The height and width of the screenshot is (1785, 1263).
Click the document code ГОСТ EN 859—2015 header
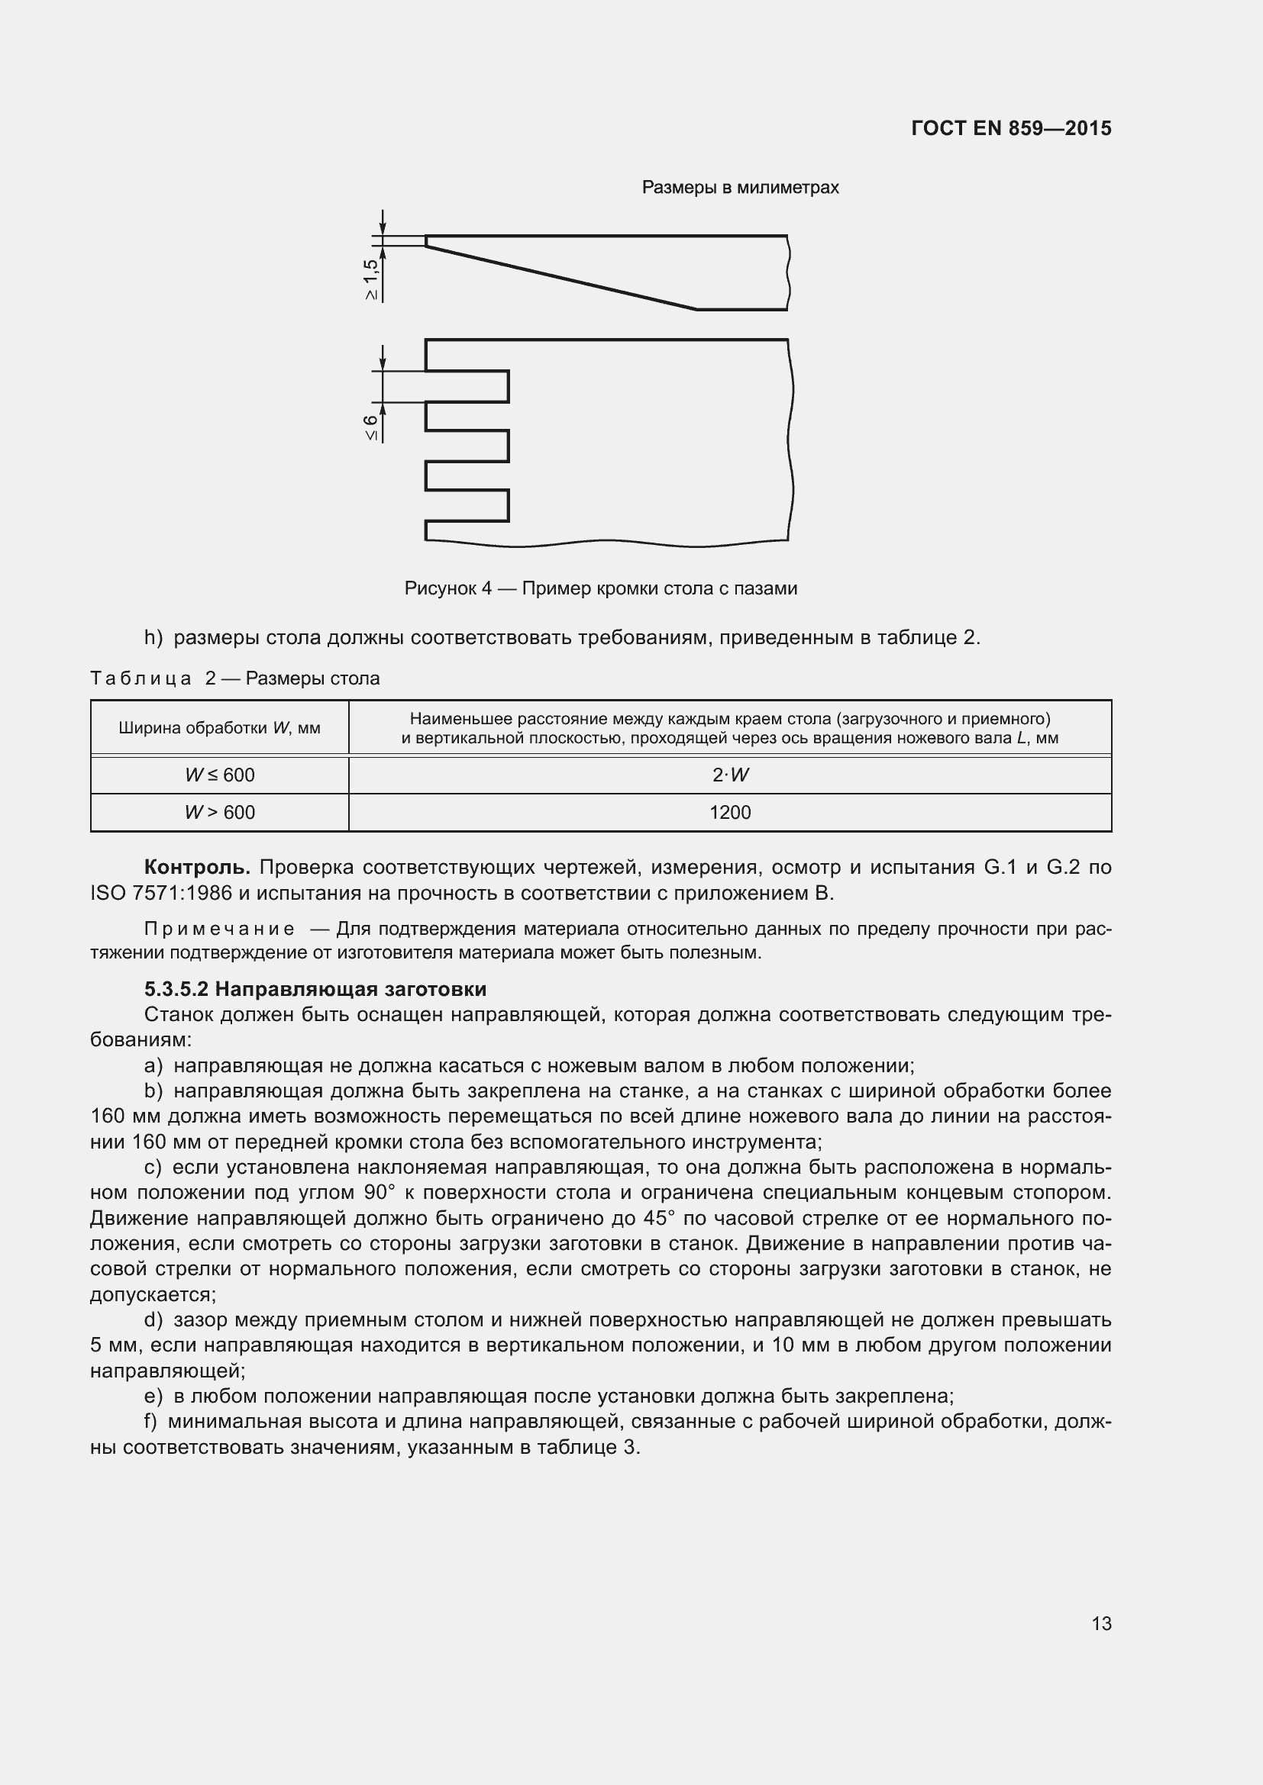[x=1010, y=128]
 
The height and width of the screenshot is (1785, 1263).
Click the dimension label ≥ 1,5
[x=371, y=279]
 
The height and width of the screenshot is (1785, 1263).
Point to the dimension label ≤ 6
[x=371, y=427]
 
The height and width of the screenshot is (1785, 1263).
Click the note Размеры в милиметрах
[x=740, y=188]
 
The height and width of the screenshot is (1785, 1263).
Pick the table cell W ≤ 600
[x=219, y=775]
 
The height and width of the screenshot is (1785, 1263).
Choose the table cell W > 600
[x=219, y=813]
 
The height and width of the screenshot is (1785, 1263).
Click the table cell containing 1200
[x=729, y=813]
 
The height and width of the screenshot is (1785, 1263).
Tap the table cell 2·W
[x=729, y=775]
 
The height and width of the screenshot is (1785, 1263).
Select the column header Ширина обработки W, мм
[x=219, y=729]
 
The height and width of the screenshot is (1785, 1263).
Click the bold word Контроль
[x=197, y=867]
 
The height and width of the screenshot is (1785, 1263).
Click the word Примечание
[x=219, y=929]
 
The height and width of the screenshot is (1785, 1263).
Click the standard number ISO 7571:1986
[x=161, y=894]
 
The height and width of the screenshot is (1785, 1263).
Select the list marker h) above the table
[x=153, y=638]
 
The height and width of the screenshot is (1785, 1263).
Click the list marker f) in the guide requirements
[x=151, y=1422]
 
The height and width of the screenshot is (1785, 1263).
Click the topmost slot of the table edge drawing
[x=467, y=386]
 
